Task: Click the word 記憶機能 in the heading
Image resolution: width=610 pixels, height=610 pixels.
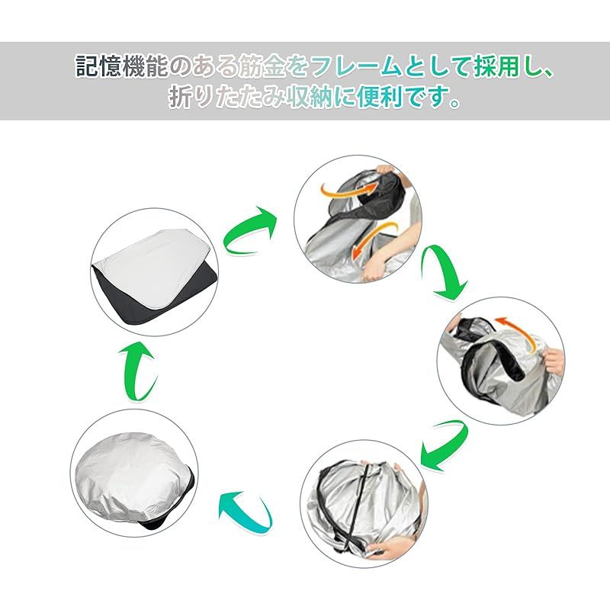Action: (x=121, y=66)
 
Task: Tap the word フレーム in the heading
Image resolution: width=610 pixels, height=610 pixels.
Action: (x=356, y=66)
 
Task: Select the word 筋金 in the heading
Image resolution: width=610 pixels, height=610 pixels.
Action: (x=262, y=66)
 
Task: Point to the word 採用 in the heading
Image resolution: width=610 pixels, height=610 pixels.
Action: (x=497, y=66)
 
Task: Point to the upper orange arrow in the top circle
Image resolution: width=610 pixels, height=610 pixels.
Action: (x=348, y=191)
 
